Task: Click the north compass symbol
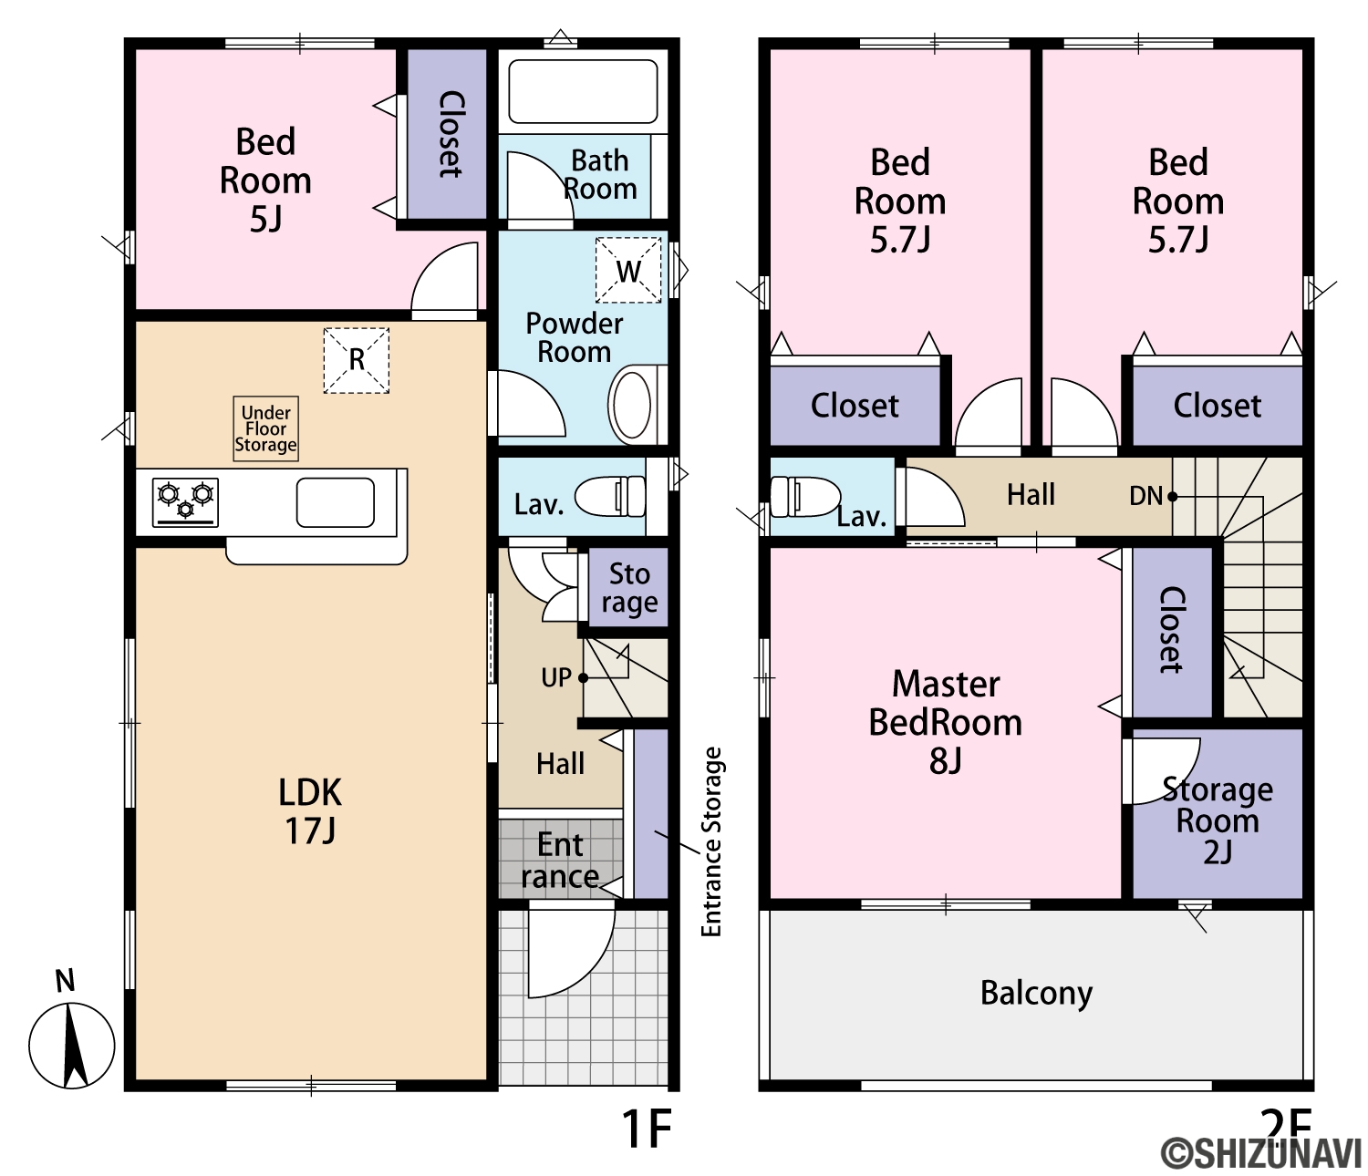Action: (71, 1045)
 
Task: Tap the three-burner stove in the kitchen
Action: (185, 502)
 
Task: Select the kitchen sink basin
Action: (336, 502)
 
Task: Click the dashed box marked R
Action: (356, 360)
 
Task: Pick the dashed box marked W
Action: (628, 270)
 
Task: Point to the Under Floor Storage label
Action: (265, 428)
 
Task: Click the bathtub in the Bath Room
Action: (583, 91)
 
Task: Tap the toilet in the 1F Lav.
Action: (609, 497)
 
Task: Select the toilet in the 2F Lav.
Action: (804, 497)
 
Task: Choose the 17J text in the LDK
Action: (310, 830)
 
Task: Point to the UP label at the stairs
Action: (556, 677)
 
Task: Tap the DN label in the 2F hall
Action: (1145, 495)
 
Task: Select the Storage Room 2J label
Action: (1218, 820)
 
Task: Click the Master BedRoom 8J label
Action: (945, 722)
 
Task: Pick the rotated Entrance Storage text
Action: (710, 842)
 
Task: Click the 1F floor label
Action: (647, 1129)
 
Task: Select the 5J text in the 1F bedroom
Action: (265, 219)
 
